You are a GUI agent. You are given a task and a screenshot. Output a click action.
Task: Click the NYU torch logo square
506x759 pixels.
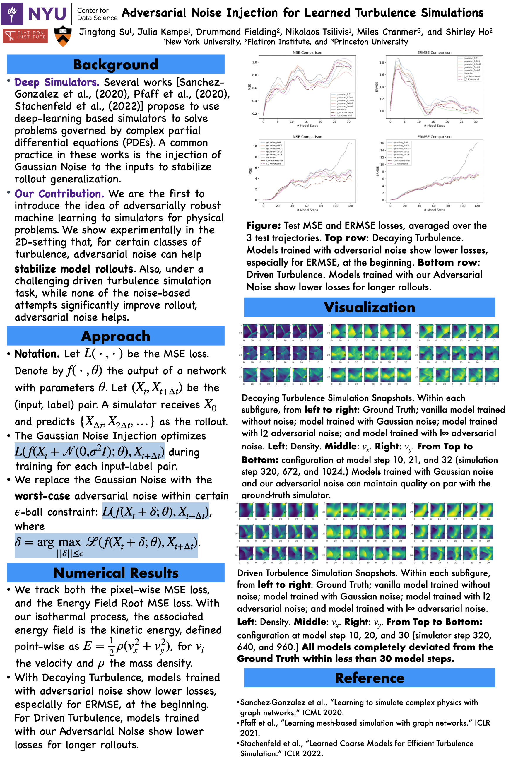click(12, 14)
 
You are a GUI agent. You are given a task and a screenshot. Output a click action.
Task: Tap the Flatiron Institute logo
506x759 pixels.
click(25, 35)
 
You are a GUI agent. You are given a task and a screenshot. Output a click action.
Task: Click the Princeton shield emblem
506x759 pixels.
click(63, 35)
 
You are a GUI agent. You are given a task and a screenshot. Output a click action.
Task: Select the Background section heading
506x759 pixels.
click(116, 64)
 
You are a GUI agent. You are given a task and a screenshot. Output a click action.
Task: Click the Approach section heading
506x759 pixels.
click(116, 336)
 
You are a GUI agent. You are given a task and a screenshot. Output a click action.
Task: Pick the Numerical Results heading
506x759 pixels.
click(116, 573)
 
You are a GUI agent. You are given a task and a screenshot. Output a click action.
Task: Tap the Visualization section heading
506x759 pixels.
click(369, 307)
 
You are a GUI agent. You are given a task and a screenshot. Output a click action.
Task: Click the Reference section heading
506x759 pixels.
click(369, 678)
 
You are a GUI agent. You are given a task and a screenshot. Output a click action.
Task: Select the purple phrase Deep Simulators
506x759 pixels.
click(57, 82)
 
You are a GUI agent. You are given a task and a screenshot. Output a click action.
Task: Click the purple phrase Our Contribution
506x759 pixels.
click(59, 194)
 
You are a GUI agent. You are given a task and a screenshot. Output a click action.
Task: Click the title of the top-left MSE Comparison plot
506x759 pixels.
click(307, 52)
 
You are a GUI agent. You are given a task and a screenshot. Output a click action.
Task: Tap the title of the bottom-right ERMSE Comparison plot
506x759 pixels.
click(434, 137)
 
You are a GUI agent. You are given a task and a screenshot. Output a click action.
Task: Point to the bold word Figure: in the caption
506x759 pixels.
click(263, 225)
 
